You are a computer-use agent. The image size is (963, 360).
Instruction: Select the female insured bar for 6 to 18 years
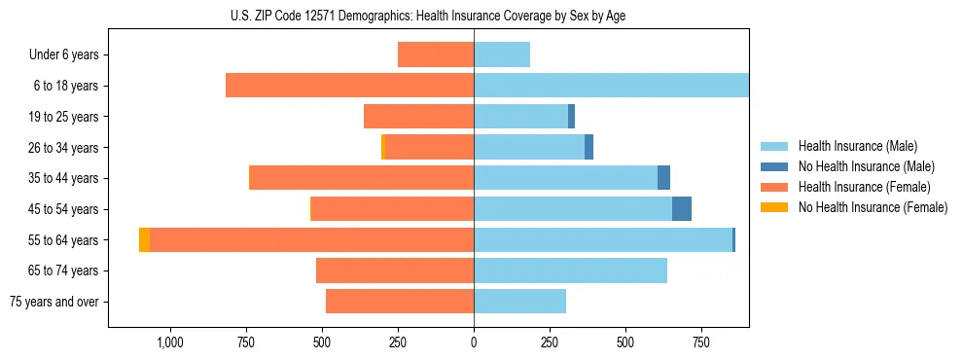click(x=349, y=86)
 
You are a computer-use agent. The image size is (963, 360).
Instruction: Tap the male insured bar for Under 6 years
click(x=502, y=54)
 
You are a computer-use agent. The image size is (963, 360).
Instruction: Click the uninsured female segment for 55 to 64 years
click(x=144, y=239)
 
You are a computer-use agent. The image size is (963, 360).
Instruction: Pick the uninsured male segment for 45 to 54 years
click(x=682, y=209)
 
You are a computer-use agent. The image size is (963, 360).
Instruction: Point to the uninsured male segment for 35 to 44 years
click(x=663, y=178)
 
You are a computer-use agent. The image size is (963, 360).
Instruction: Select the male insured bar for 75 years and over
click(x=519, y=302)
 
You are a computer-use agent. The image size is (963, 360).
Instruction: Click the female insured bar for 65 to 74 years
click(x=395, y=270)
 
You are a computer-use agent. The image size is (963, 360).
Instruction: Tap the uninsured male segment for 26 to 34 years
click(x=588, y=147)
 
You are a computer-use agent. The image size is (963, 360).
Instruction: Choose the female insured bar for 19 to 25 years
click(x=418, y=117)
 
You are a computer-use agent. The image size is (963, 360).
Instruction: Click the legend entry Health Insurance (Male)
click(x=857, y=146)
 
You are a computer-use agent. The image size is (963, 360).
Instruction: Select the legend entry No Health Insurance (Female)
click(x=873, y=207)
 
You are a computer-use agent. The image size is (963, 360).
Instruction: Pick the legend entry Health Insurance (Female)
click(x=864, y=187)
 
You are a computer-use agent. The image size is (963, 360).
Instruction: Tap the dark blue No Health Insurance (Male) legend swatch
click(x=774, y=166)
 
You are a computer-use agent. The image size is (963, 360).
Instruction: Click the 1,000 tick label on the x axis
click(x=169, y=342)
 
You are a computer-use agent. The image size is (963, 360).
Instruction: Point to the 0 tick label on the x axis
click(x=474, y=342)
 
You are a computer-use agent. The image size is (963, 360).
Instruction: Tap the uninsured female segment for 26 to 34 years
click(x=383, y=147)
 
